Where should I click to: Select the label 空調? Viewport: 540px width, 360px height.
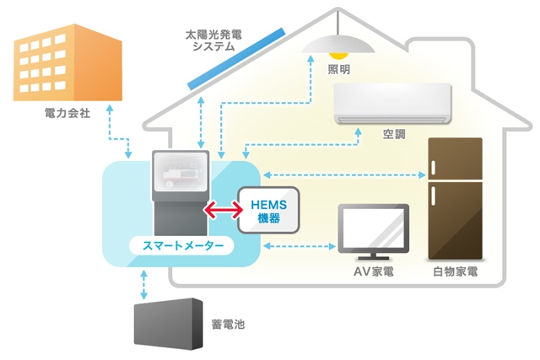(x=394, y=135)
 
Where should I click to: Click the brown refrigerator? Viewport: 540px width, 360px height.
(x=454, y=198)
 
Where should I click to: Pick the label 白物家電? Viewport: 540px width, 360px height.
(x=453, y=272)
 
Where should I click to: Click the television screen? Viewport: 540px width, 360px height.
(x=373, y=228)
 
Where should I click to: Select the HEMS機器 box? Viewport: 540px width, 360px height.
(x=268, y=210)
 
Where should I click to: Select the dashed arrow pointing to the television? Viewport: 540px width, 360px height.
(x=300, y=247)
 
